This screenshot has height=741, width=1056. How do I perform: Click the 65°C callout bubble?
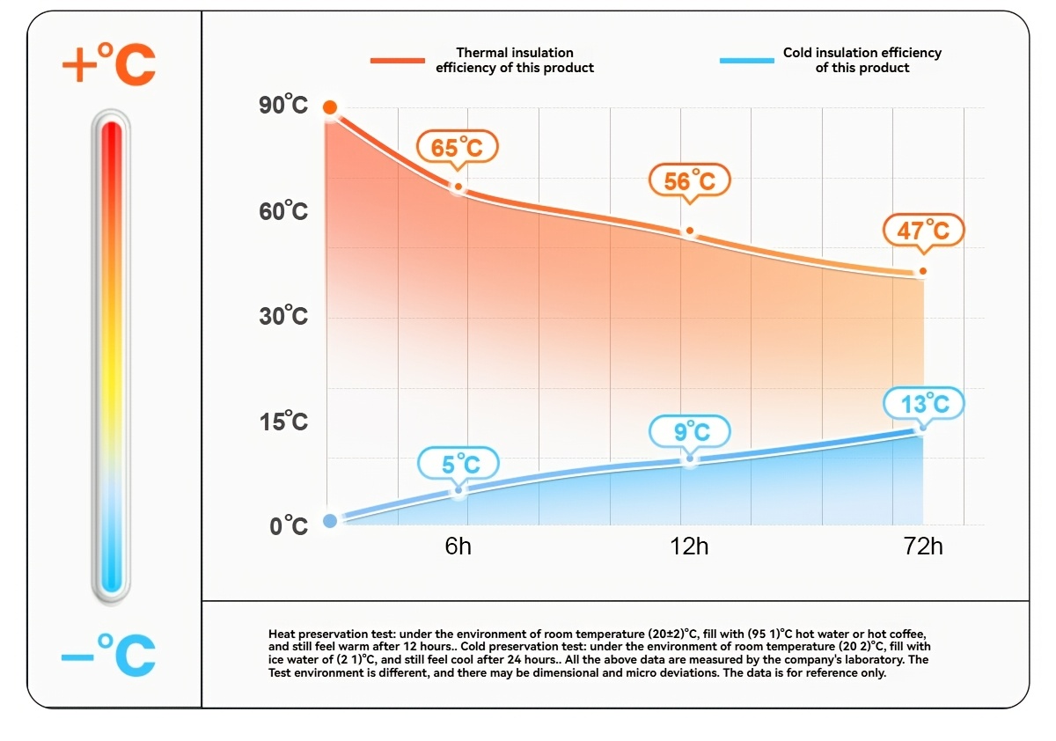pyautogui.click(x=458, y=148)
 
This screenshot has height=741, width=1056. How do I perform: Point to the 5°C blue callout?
pyautogui.click(x=458, y=465)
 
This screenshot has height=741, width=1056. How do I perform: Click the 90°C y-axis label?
pyautogui.click(x=283, y=105)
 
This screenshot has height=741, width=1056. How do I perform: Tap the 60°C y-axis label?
pyautogui.click(x=283, y=210)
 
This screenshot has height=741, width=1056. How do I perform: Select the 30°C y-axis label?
pyautogui.click(x=283, y=315)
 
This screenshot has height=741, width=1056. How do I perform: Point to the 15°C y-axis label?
pyautogui.click(x=283, y=421)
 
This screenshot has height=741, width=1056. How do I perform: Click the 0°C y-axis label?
pyautogui.click(x=289, y=525)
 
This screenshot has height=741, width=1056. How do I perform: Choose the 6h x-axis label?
pyautogui.click(x=458, y=547)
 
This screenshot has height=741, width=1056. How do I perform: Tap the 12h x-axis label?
pyautogui.click(x=689, y=547)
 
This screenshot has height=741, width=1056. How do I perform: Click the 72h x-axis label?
pyautogui.click(x=923, y=547)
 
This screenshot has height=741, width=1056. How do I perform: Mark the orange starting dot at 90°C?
pyautogui.click(x=330, y=107)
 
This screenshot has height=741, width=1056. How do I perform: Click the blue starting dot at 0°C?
pyautogui.click(x=330, y=521)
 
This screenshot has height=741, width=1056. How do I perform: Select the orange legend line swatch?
pyautogui.click(x=398, y=61)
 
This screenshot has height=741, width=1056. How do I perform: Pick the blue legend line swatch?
pyautogui.click(x=747, y=61)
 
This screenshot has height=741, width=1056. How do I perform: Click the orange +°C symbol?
pyautogui.click(x=109, y=63)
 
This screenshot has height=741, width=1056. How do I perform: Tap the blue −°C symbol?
pyautogui.click(x=109, y=655)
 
